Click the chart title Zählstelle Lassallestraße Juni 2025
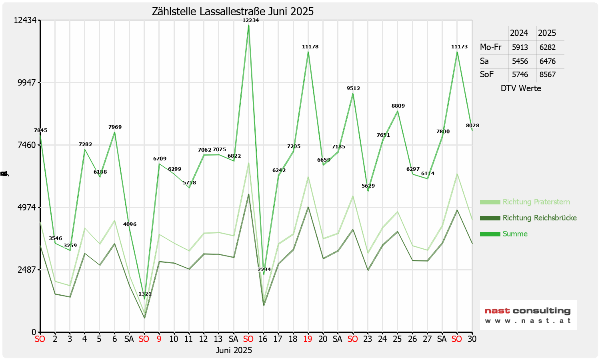tap(233, 11)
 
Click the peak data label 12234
tap(251, 20)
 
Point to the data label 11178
tap(310, 47)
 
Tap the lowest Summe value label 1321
tap(145, 294)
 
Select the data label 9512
tap(353, 88)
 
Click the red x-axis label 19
tap(308, 339)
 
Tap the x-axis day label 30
tap(472, 339)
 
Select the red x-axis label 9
tap(159, 339)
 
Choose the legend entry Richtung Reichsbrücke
tap(540, 218)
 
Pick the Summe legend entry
tap(515, 234)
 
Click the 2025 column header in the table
tap(547, 33)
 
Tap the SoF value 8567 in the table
tap(547, 75)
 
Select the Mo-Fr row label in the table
tap(490, 47)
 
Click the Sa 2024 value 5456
tap(520, 62)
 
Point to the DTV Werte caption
tap(521, 88)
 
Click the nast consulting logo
tap(528, 315)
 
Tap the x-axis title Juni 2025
tap(234, 350)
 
